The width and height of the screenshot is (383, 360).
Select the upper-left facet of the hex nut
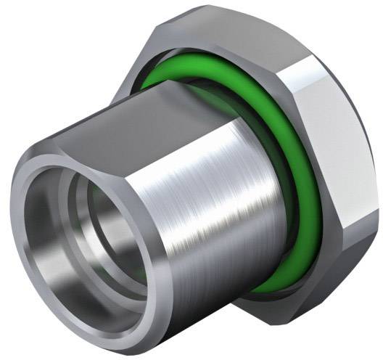[x=145, y=51]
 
